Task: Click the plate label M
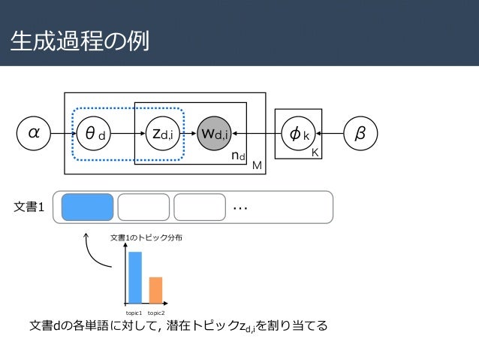point(257,165)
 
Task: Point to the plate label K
point(316,151)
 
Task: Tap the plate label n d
point(237,156)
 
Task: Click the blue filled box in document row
point(88,207)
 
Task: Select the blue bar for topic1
point(135,277)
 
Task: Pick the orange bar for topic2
point(155,289)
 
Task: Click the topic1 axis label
point(135,311)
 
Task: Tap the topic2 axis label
point(156,311)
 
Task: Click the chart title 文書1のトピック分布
point(146,237)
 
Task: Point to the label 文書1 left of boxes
point(30,207)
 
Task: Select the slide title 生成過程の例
point(79,41)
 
